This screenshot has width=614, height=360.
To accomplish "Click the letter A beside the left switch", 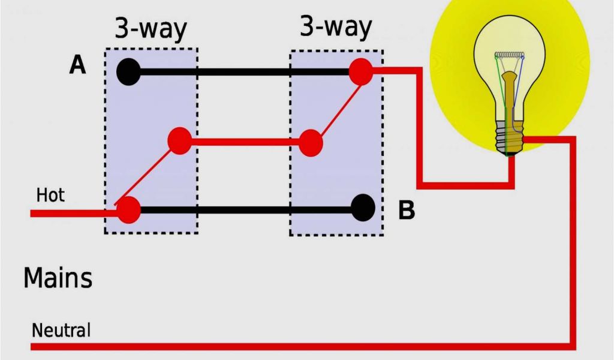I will pyautogui.click(x=77, y=65).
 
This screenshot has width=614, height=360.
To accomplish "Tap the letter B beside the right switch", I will pyautogui.click(x=407, y=211).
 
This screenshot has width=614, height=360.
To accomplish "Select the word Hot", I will pyautogui.click(x=50, y=195).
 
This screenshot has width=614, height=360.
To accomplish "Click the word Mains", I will pyautogui.click(x=58, y=278).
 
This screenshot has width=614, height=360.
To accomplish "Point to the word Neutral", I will pyautogui.click(x=61, y=330).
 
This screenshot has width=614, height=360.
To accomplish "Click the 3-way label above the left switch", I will pyautogui.click(x=151, y=29).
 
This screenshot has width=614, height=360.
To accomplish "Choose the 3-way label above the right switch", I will pyautogui.click(x=335, y=27).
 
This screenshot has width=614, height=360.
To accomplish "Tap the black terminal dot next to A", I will pyautogui.click(x=128, y=73).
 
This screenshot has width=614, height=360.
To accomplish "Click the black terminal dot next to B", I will pyautogui.click(x=363, y=208).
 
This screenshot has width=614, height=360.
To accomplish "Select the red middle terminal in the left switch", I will pyautogui.click(x=179, y=141).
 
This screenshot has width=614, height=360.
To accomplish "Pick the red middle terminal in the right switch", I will pyautogui.click(x=311, y=143).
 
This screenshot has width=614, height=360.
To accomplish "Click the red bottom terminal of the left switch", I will pyautogui.click(x=128, y=210).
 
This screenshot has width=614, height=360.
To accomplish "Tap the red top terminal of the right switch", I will pyautogui.click(x=361, y=71).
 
